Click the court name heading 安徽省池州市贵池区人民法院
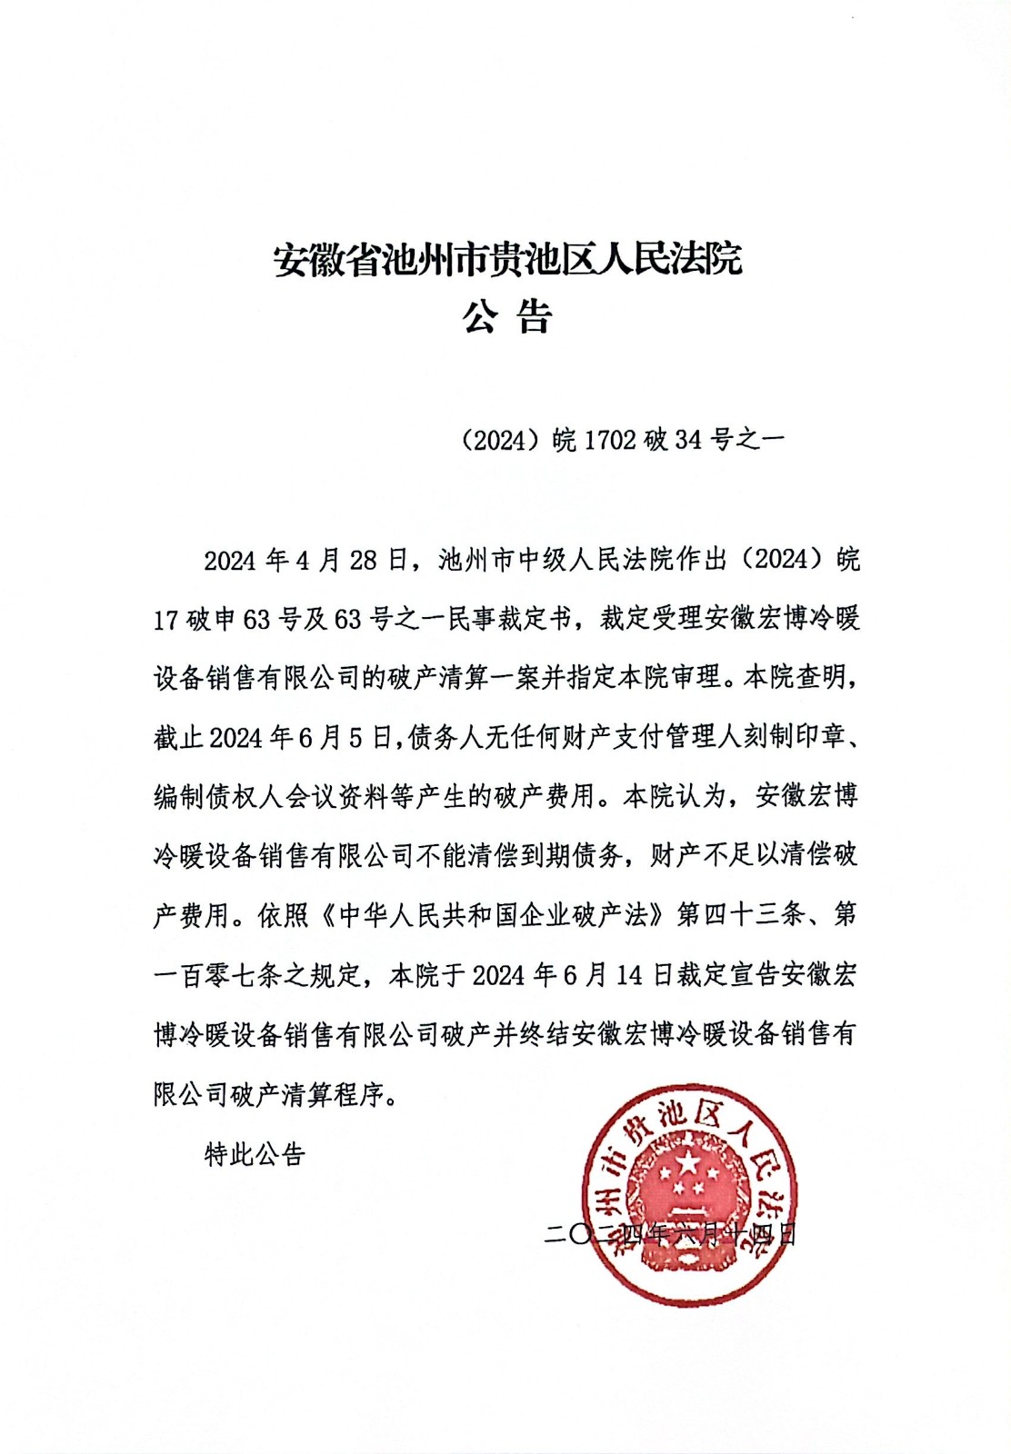point(507,260)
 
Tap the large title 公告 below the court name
point(507,317)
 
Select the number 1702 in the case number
point(609,441)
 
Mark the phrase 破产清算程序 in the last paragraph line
point(308,1094)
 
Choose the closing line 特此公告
point(255,1155)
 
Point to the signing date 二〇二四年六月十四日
point(670,1234)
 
